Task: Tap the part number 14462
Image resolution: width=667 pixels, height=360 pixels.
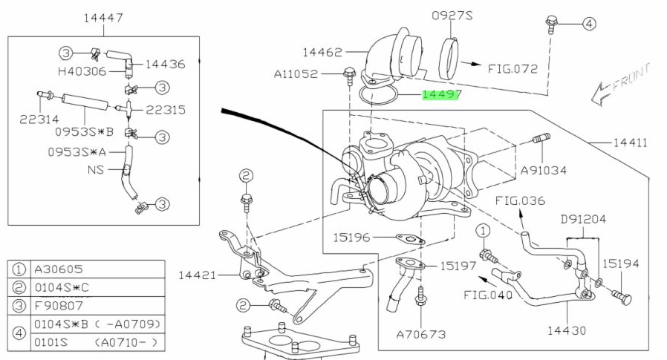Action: point(322,53)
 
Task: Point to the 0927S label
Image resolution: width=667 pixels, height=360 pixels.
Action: point(452,15)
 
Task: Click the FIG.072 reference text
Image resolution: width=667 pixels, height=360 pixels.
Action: point(513,69)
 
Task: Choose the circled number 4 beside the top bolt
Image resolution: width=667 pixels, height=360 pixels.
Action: point(588,24)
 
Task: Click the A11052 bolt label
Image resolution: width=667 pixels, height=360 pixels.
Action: point(296,74)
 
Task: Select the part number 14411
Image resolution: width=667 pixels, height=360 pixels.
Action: point(630,141)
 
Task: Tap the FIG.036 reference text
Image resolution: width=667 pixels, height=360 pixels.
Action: point(521,200)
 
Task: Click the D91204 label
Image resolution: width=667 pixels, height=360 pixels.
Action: point(585,220)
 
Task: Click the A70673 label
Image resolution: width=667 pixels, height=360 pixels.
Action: point(421,334)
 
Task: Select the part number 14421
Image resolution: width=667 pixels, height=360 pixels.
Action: point(197,275)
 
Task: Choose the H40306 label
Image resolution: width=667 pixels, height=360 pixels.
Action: point(82,71)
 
